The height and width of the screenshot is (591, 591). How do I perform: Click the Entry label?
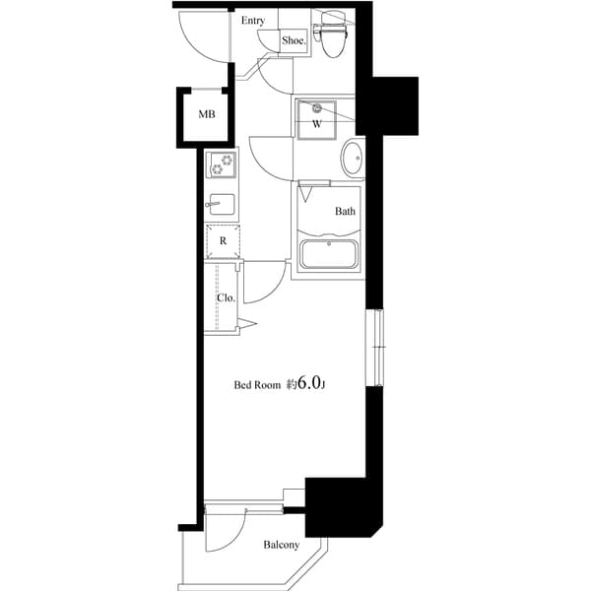[x=252, y=20]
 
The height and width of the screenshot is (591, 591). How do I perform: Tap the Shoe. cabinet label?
[x=294, y=40]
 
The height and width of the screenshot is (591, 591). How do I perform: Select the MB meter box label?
[x=206, y=114]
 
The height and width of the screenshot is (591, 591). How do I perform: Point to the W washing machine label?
[x=317, y=125]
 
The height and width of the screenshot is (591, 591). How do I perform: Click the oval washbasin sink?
[x=352, y=158]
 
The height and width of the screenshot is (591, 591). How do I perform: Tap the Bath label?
[x=345, y=211]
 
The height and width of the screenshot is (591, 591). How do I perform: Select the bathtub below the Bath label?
[x=328, y=255]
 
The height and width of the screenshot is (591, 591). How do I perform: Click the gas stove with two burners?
[x=221, y=164]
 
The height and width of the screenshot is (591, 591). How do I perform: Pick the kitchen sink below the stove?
[x=221, y=206]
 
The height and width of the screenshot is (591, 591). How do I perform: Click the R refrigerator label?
[x=223, y=240]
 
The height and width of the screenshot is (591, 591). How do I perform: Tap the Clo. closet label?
[x=225, y=298]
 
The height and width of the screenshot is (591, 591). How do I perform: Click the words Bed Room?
[x=256, y=385]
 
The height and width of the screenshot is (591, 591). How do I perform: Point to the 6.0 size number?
[x=308, y=383]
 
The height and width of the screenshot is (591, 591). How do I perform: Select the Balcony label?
[x=281, y=545]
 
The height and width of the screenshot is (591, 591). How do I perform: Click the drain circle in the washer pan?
[x=317, y=108]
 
